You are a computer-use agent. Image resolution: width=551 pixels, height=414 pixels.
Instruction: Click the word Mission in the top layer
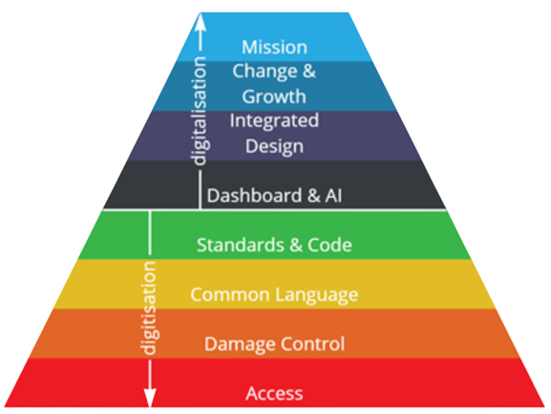point(274,47)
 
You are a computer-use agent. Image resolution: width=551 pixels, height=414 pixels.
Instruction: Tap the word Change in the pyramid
point(265,72)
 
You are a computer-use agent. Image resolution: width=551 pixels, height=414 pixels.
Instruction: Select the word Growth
point(274,97)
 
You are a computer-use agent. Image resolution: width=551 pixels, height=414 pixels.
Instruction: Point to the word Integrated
point(274,121)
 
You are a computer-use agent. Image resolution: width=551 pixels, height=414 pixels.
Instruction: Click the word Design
point(274,146)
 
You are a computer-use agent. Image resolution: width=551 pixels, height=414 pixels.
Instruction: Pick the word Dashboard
point(254,195)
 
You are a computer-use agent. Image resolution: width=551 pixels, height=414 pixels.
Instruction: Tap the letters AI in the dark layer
point(333,196)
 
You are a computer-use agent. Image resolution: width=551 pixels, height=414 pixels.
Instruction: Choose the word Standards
point(241,245)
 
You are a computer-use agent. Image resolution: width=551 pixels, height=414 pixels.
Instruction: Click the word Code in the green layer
point(329,245)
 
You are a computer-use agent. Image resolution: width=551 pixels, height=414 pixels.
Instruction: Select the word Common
point(231,294)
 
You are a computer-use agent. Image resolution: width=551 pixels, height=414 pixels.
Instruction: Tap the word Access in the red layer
point(274,394)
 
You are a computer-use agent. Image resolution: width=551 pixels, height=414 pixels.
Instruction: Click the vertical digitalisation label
point(200,111)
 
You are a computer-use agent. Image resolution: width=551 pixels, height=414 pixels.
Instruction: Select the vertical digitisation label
point(150,309)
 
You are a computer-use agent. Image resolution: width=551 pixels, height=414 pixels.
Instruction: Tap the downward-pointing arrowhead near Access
point(150,398)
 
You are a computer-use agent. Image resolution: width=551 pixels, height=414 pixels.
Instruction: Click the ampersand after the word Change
point(308,72)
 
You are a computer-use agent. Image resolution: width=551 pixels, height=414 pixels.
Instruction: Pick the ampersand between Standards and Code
point(296,245)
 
